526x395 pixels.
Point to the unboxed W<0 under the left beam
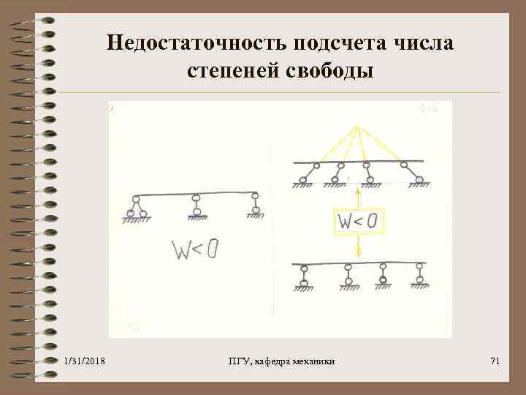194,251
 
